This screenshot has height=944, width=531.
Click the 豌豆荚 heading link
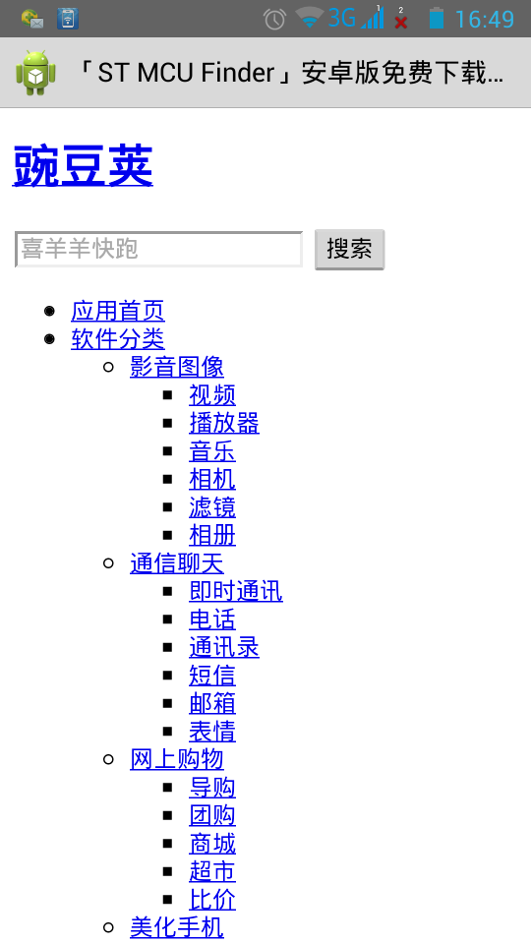(x=83, y=165)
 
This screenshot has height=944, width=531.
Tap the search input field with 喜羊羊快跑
(x=158, y=249)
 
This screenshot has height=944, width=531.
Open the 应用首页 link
(x=117, y=311)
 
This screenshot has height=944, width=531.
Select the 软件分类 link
(x=117, y=338)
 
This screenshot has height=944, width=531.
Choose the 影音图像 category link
(x=176, y=367)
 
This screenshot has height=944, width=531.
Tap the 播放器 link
(x=224, y=423)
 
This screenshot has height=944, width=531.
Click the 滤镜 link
(x=212, y=507)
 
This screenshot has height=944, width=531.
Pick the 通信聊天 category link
(x=176, y=562)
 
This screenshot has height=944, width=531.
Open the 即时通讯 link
(x=235, y=591)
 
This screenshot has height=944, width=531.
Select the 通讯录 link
(x=224, y=647)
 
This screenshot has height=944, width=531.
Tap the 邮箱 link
(x=212, y=702)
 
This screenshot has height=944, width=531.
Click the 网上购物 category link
(x=176, y=758)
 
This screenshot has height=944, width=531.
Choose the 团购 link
(x=212, y=814)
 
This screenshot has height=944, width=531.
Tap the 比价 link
(x=212, y=899)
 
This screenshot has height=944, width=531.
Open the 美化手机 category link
(x=176, y=927)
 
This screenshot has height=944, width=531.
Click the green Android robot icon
(x=36, y=73)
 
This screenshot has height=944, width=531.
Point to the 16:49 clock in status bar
(x=485, y=20)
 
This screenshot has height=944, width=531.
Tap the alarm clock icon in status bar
(x=274, y=20)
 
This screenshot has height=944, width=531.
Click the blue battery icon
(x=437, y=18)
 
